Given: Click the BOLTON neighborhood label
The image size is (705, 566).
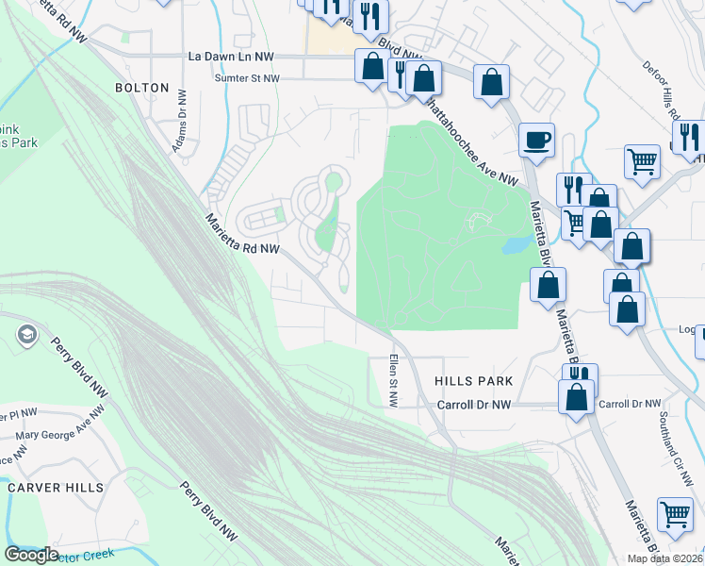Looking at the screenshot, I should (x=141, y=88).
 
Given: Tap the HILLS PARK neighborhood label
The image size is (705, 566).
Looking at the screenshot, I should (x=473, y=380).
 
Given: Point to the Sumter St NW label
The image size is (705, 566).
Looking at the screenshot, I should (x=247, y=79).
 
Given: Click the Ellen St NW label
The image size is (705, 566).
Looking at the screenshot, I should (x=393, y=381).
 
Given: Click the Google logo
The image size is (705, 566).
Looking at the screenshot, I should (x=31, y=555).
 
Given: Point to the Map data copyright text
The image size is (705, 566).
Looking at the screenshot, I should (x=664, y=558).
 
